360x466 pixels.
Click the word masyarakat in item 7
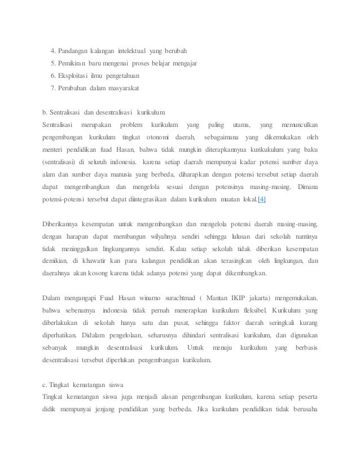click(121, 89)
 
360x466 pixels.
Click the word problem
click(129, 124)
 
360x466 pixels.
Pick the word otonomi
click(160, 137)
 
